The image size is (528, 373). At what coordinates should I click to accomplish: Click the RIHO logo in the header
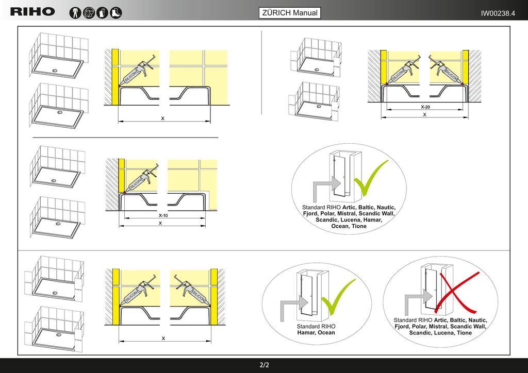pos(32,12)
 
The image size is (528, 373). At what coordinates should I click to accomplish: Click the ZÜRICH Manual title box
pos(290,13)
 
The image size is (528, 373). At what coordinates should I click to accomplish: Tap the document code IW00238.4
pos(498,13)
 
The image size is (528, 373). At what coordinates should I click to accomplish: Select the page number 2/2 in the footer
pos(265,365)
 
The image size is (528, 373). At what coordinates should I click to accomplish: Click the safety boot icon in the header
pos(116,13)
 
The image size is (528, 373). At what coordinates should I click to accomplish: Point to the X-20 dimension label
pos(425,107)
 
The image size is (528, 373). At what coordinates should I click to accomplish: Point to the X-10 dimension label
pos(163,215)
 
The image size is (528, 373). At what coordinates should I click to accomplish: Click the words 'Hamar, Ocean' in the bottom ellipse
pos(316,333)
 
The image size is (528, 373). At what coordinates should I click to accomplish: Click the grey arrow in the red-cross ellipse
pos(418,301)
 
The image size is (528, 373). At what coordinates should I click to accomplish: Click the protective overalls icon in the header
pos(75,13)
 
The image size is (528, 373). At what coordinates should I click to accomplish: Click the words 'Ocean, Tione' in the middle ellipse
pos(349,226)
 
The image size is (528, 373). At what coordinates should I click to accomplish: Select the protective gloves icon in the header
pos(103,13)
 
